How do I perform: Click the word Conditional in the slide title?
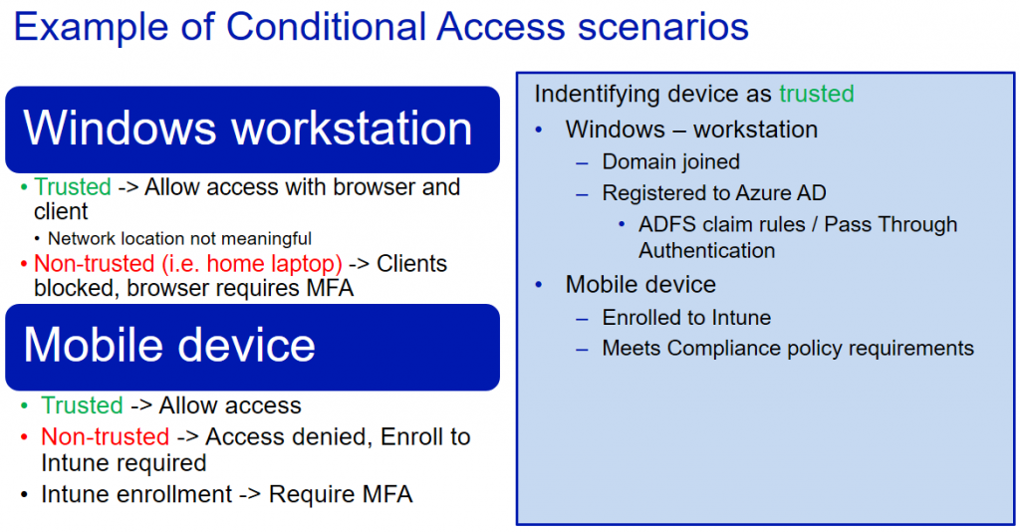(x=327, y=27)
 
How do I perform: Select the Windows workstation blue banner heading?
(x=252, y=130)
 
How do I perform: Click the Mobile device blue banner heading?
(x=252, y=347)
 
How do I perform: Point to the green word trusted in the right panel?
(x=817, y=94)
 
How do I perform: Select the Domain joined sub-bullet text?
(x=670, y=161)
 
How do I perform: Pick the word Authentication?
(x=706, y=250)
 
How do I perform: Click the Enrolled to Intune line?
(x=686, y=317)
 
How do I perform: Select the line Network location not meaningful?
(x=179, y=239)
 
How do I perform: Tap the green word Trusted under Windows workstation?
(x=72, y=186)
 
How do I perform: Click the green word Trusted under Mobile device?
(x=82, y=405)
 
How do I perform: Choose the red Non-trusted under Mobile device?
(x=105, y=436)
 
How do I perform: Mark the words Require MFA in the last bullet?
(x=341, y=494)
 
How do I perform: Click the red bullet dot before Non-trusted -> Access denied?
(x=24, y=437)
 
